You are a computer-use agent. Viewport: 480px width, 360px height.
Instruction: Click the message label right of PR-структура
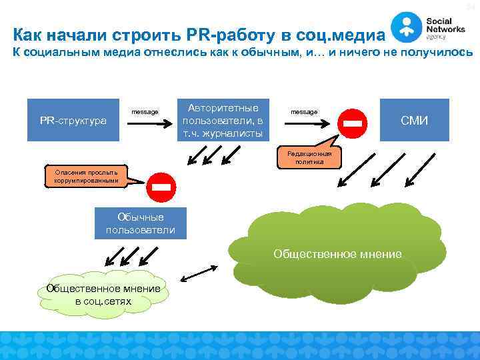click(145, 111)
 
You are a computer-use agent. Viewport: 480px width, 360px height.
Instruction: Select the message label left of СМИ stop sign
click(304, 111)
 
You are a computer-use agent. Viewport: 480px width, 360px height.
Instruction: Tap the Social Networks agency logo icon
click(405, 26)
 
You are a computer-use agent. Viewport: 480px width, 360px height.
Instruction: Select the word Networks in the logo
click(443, 29)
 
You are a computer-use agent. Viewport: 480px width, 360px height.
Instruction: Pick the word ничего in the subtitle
click(361, 52)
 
